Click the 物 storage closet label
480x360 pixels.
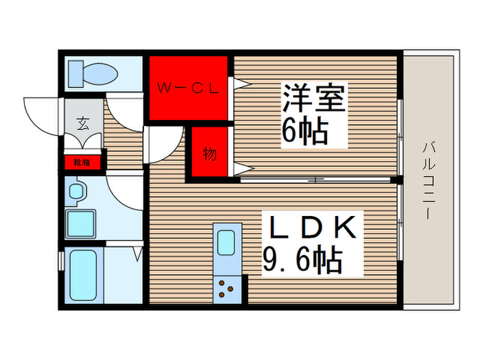click(x=210, y=154)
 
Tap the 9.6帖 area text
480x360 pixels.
click(x=302, y=259)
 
